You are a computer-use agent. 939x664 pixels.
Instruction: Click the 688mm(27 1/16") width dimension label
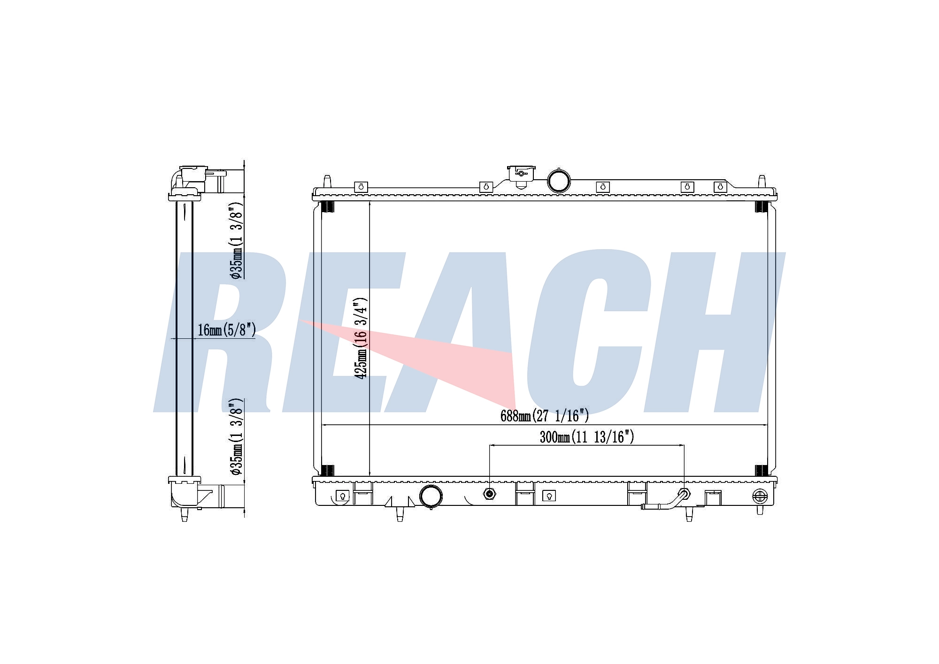point(544,415)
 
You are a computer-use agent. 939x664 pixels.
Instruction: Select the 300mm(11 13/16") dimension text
point(587,437)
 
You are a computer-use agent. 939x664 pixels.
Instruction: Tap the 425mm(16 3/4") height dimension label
point(362,338)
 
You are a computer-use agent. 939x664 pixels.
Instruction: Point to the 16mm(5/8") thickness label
point(226,330)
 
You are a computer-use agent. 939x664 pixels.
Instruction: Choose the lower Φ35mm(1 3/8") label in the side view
point(236,437)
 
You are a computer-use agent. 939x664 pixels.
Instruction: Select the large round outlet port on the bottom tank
point(431,496)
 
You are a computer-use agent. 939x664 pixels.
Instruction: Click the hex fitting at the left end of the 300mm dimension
point(490,494)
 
